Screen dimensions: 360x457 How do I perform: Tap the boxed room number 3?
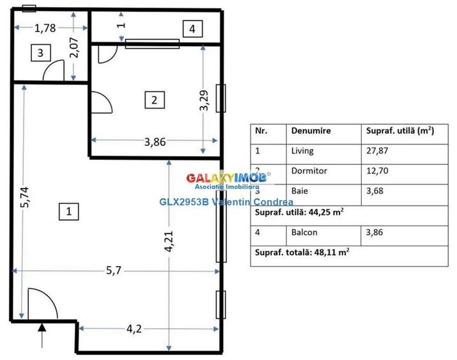click(x=40, y=53)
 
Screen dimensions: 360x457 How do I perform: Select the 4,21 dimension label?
click(x=169, y=240)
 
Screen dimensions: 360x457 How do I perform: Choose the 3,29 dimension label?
click(x=204, y=100)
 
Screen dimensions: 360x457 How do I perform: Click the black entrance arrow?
click(x=42, y=331)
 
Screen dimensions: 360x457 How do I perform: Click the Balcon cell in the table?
click(x=304, y=232)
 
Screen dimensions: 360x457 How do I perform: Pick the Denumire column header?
click(x=311, y=130)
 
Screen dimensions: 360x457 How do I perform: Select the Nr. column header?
click(x=261, y=130)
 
